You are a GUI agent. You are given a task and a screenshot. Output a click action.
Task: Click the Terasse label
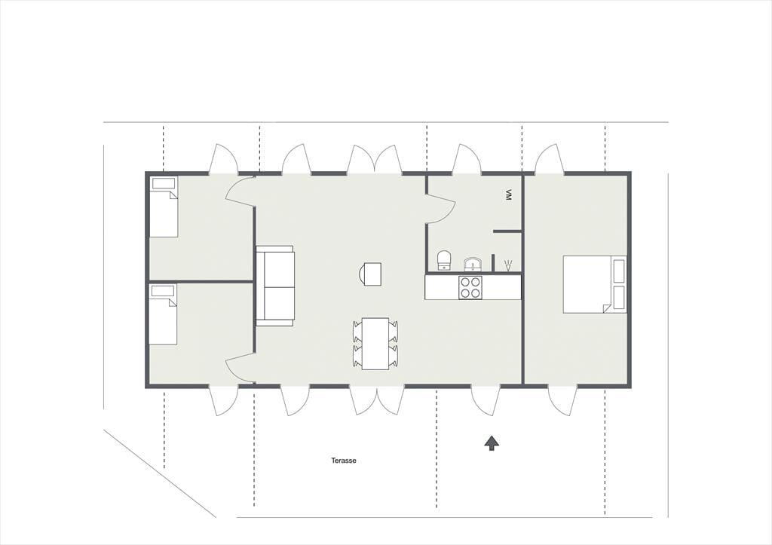(x=343, y=461)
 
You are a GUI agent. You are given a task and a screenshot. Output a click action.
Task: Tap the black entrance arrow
(x=492, y=443)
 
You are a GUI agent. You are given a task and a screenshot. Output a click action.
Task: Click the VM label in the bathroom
(x=508, y=195)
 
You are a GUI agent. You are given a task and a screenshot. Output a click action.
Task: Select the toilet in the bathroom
(x=444, y=260)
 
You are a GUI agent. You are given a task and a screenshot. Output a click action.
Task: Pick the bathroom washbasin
(x=473, y=265)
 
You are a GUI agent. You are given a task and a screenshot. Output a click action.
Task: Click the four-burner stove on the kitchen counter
(x=470, y=287)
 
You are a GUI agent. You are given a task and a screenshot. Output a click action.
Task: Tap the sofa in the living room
(x=274, y=286)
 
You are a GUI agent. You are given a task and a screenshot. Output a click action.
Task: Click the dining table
(x=375, y=343)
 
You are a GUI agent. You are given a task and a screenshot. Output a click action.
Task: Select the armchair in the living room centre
(x=370, y=274)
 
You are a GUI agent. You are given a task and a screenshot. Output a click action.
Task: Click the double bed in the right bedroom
(x=595, y=284)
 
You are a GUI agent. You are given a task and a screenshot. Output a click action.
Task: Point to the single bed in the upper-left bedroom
(x=164, y=207)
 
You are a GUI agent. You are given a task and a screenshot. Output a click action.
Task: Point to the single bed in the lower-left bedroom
(x=163, y=314)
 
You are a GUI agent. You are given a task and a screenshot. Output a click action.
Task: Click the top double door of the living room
(x=375, y=159)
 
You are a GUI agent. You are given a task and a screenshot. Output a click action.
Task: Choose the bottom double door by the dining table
(x=377, y=400)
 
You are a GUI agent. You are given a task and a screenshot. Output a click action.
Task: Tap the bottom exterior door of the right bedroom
(x=562, y=401)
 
